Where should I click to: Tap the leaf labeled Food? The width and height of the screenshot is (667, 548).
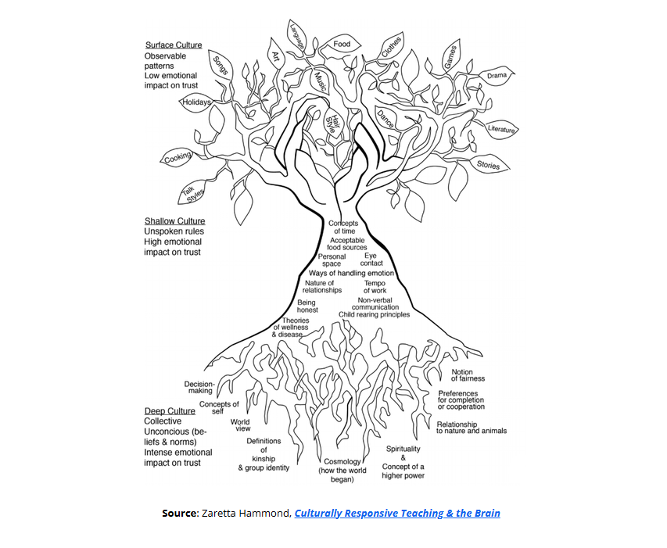click(342, 45)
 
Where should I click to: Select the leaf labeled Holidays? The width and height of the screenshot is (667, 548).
click(196, 102)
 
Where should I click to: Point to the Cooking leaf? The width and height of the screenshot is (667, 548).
click(178, 159)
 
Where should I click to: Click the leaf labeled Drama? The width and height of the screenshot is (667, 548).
click(497, 76)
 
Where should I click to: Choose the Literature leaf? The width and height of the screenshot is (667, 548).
click(501, 129)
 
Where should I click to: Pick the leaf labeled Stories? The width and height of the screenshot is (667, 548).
click(488, 165)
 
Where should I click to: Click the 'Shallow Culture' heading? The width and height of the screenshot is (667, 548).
click(174, 221)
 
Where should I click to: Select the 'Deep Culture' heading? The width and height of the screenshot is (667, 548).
click(170, 411)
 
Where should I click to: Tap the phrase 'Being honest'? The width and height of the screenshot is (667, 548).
click(307, 306)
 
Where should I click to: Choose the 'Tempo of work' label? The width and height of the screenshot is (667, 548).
click(375, 287)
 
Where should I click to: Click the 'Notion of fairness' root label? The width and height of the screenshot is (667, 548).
click(468, 375)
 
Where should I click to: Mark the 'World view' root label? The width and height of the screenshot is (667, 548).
click(240, 426)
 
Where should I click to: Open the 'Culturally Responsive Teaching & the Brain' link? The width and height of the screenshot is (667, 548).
click(397, 514)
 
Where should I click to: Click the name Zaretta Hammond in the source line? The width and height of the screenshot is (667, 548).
click(246, 514)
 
